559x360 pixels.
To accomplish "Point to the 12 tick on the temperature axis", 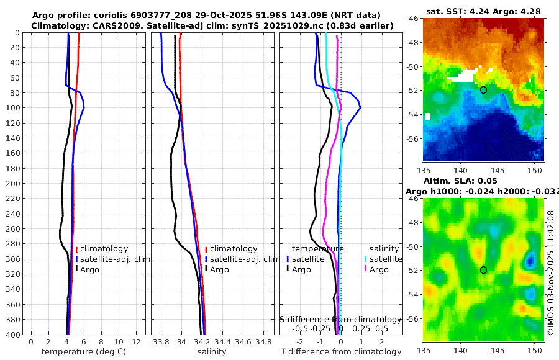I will [x=137, y=341].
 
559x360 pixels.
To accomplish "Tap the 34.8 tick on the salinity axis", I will [x=263, y=341].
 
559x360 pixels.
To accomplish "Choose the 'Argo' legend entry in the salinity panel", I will [x=219, y=269].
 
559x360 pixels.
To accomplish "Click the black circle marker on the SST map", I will [x=483, y=90].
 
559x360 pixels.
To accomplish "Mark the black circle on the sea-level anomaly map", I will [x=483, y=270].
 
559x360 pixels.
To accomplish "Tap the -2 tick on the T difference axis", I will [x=301, y=341].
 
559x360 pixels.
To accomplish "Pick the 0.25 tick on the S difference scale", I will [x=361, y=328].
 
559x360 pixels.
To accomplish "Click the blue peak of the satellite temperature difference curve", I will [x=360, y=108].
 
